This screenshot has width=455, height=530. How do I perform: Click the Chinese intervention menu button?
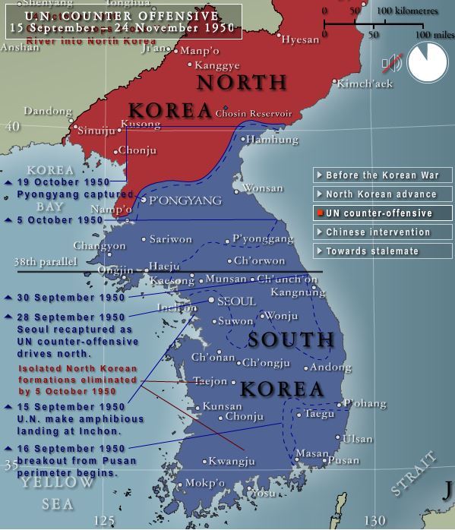point(382,232)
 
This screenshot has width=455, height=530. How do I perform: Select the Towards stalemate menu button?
point(382,251)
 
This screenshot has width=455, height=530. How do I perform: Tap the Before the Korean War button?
point(382,175)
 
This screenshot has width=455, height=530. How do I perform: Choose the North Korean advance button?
point(382,194)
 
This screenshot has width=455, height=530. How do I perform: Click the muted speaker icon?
point(391,64)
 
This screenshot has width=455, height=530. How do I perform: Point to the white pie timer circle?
point(428,62)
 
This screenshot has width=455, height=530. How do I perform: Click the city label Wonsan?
point(262,188)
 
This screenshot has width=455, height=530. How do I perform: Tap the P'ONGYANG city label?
point(185,200)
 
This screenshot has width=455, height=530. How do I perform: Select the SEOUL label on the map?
point(236,301)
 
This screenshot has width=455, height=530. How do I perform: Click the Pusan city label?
point(345,460)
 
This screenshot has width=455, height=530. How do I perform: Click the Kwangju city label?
point(233,461)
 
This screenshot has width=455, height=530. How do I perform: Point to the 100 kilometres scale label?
point(406,10)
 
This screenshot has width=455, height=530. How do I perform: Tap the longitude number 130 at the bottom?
point(374,520)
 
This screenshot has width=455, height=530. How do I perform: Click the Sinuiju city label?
point(97,131)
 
